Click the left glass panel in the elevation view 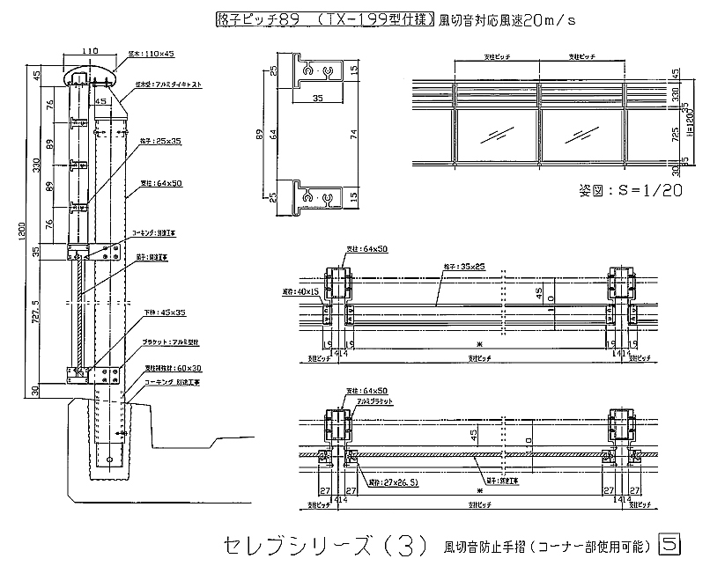click(496, 136)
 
